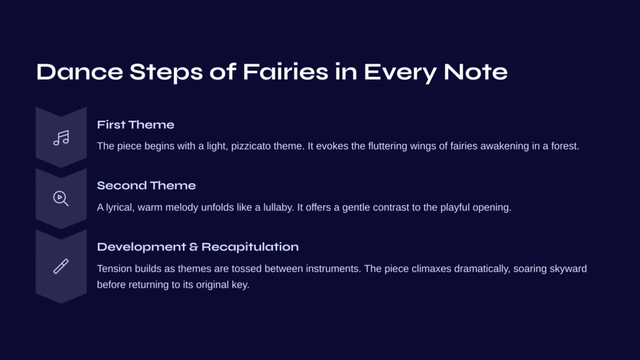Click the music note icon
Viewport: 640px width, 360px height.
pos(61,138)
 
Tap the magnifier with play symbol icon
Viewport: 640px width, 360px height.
pos(61,199)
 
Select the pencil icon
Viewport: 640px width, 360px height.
pos(61,266)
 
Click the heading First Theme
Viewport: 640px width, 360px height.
pos(136,124)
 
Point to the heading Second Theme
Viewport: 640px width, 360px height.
pos(146,185)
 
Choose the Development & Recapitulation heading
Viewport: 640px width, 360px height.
pos(197,247)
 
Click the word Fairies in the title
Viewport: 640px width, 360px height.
pos(286,72)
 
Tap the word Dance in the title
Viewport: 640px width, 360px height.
pos(79,72)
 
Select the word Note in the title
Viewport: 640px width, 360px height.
pos(476,72)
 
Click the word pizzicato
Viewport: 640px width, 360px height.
pos(251,146)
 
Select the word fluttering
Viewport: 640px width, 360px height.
pos(387,146)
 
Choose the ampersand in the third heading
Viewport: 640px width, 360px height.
pos(194,247)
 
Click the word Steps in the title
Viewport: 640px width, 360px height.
pos(166,72)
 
